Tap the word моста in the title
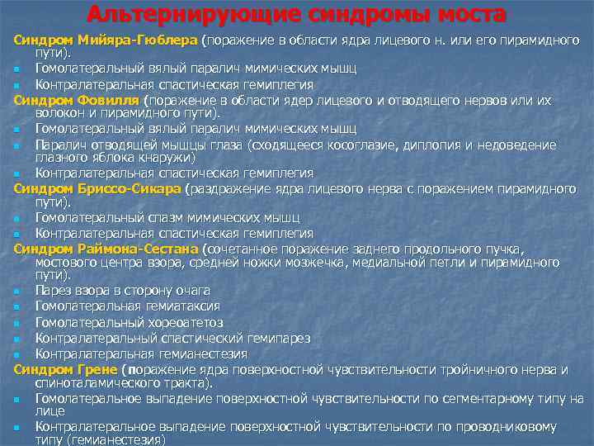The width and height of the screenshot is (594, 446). (468, 14)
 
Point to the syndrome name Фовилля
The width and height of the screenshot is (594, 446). (114, 99)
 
